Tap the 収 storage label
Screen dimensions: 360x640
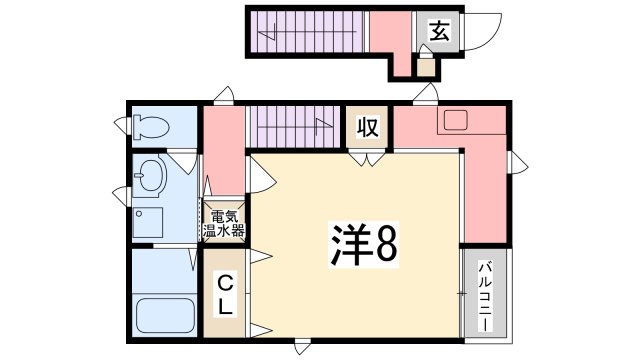pos(367,127)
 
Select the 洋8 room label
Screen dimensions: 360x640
pos(362,243)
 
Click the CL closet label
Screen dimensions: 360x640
pos(226,294)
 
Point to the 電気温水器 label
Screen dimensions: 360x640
pos(226,222)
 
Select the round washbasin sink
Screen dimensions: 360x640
pos(153,176)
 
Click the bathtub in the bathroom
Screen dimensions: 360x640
pos(164,318)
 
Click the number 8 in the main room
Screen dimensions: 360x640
pos(385,243)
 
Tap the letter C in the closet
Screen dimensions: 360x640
pos(226,283)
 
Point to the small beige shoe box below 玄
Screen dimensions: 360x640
pos(426,67)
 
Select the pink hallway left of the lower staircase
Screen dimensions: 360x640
pos(224,149)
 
